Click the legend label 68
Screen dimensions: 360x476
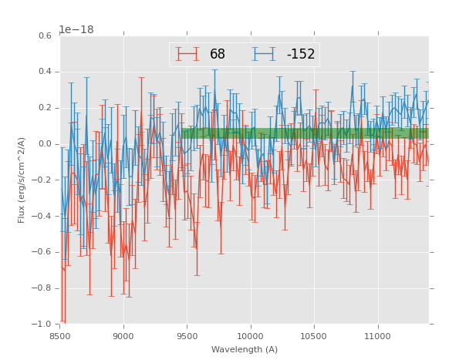coord(218,54)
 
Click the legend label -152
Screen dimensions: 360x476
coord(300,54)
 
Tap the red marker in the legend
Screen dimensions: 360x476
coord(187,54)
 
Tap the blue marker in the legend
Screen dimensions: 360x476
coord(265,54)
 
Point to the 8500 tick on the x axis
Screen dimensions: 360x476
coord(60,336)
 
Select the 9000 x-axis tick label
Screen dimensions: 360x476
coord(123,336)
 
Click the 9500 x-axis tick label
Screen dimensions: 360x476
coord(187,336)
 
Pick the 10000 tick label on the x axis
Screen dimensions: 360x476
coord(251,336)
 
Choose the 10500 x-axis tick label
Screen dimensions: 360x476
coord(314,336)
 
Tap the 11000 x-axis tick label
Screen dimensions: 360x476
coord(377,336)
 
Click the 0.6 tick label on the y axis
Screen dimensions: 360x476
coord(45,36)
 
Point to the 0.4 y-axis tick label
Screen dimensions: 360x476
coord(45,72)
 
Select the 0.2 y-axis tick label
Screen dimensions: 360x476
coord(45,108)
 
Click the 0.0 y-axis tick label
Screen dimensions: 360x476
coord(45,144)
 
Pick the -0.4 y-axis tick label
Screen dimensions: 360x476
coord(42,217)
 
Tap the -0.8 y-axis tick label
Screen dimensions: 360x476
coord(42,288)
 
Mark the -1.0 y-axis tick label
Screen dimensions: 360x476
coord(42,325)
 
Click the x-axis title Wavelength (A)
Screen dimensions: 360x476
coord(244,349)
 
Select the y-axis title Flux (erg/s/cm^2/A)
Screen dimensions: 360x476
coord(22,180)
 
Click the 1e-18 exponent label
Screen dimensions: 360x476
coord(76,30)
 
